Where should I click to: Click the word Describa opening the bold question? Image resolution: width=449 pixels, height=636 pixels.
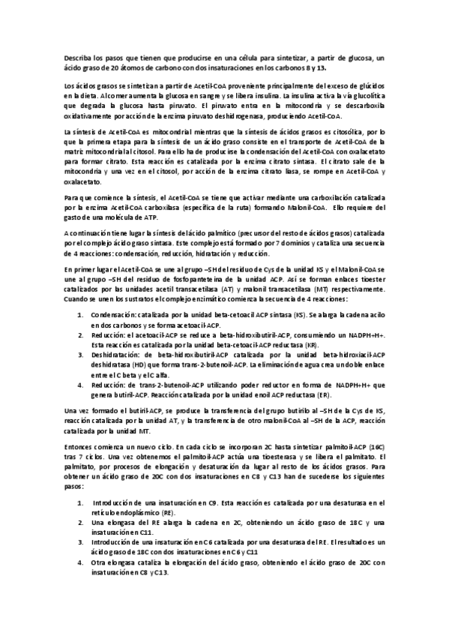click(x=76, y=58)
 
